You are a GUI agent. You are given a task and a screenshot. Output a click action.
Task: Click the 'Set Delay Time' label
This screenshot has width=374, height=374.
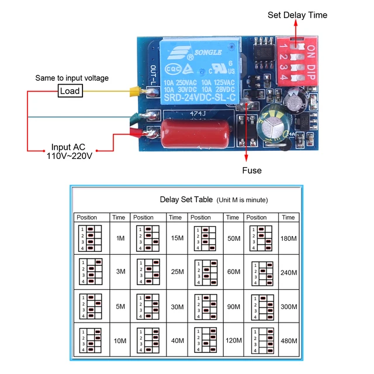297,15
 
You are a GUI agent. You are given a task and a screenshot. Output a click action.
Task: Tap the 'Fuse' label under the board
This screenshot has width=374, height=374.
252,170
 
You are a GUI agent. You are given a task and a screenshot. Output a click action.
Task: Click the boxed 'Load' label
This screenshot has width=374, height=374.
70,91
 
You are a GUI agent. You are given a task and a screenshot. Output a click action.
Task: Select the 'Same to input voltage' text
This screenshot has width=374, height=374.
72,78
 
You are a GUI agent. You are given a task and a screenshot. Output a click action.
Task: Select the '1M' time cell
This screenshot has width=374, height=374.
120,239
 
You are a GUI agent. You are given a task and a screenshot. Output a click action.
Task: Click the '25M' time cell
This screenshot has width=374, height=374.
177,272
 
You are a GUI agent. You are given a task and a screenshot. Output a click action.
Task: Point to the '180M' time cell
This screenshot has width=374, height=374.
288,239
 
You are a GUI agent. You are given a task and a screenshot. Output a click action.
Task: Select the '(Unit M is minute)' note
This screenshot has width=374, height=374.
242,200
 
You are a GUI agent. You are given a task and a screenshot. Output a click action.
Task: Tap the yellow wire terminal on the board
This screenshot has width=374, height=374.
136,91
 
